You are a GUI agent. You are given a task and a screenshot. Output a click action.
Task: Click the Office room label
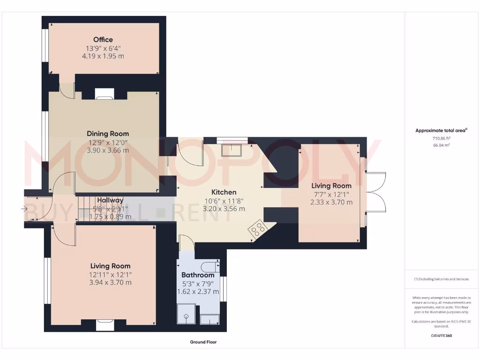103,40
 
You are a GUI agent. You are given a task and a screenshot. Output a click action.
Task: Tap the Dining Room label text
107,134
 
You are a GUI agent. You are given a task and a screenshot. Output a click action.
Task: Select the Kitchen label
224,192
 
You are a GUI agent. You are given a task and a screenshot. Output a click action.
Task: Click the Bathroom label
197,275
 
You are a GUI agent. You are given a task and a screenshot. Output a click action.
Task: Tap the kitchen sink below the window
232,150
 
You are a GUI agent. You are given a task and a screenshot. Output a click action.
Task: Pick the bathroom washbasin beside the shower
209,319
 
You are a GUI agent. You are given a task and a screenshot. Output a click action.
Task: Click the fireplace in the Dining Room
104,95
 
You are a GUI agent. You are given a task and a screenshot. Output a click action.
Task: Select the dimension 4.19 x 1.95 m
103,56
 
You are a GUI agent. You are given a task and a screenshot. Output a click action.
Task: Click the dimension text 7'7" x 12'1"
331,194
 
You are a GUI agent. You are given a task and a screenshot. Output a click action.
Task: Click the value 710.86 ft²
441,139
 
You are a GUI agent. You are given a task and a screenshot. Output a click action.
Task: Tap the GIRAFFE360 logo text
441,336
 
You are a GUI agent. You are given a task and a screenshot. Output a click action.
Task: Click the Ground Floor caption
203,342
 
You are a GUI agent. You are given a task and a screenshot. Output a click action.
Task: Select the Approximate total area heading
441,131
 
